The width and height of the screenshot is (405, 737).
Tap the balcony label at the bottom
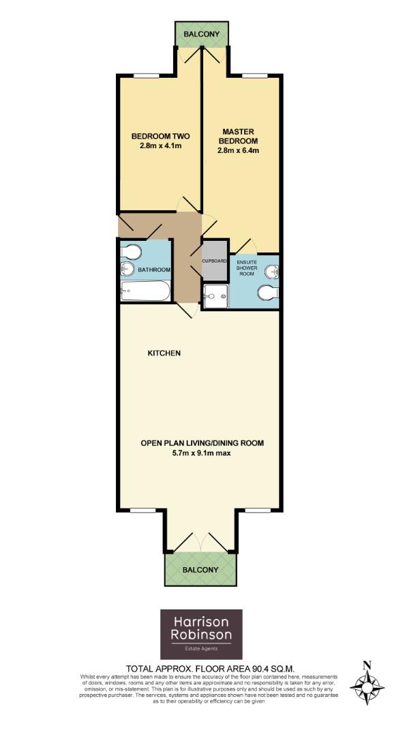pos(200,570)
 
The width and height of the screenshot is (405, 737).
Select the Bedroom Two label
pos(160,135)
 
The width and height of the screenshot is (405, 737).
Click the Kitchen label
pos(164,353)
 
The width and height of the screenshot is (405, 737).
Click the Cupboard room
pos(214,261)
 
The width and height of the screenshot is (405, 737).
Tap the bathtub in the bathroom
pos(145,291)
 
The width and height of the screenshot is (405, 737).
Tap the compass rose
pos(367,685)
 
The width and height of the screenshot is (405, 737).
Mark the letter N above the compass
pos(367,665)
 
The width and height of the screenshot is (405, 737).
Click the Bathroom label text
pos(154,270)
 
